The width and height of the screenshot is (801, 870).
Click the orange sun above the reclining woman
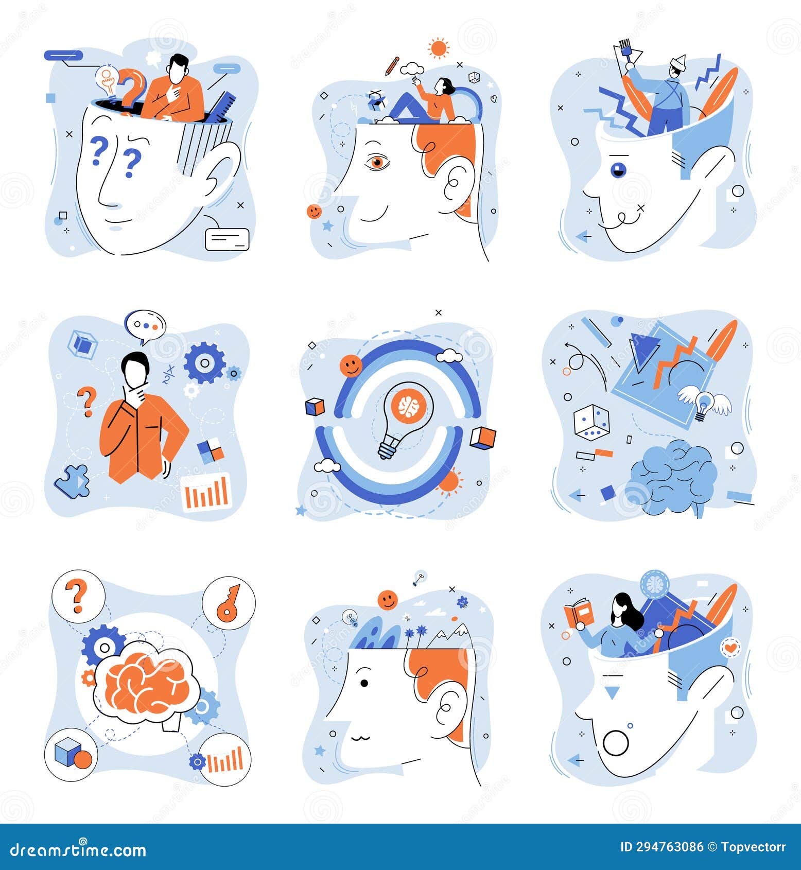(439, 48)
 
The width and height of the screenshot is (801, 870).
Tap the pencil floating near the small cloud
(392, 66)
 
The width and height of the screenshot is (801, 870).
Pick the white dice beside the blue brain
(591, 422)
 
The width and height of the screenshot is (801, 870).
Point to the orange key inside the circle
(229, 603)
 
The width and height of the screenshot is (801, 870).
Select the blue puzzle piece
(73, 481)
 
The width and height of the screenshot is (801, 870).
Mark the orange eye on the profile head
(377, 162)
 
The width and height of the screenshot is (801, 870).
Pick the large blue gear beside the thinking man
(204, 363)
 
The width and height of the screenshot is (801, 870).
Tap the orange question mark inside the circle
(78, 596)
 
